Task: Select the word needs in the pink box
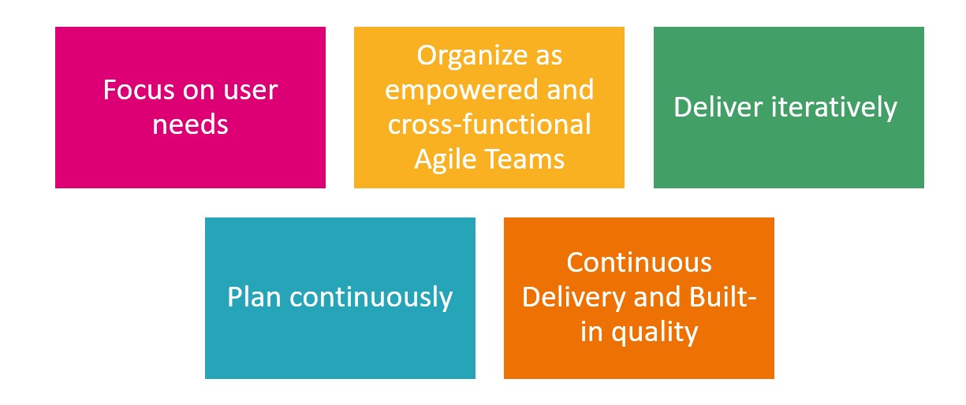tap(190, 124)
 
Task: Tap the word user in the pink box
tap(251, 91)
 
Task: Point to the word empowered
tap(461, 91)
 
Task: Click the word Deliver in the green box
tap(718, 107)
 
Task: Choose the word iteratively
tap(834, 109)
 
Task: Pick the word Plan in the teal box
tap(255, 297)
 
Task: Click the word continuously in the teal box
tap(371, 298)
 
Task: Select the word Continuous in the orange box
tap(639, 262)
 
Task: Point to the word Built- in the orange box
tap(723, 297)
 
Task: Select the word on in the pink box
tap(200, 91)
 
